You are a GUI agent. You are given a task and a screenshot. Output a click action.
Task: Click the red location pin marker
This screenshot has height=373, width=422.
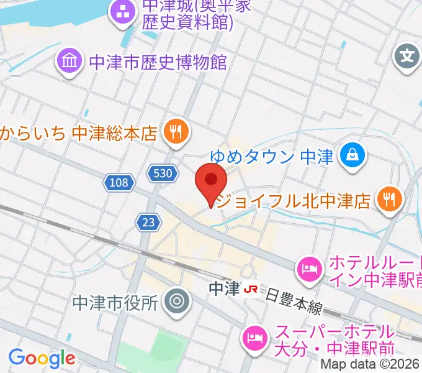pos(211,181)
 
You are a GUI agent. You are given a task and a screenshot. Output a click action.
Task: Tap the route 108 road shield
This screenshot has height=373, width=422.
pos(117,183)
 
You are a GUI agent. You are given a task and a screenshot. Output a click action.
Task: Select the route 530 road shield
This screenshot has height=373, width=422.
pos(160,174)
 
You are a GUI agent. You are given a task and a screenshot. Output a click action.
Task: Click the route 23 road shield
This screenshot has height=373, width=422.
pos(146,223)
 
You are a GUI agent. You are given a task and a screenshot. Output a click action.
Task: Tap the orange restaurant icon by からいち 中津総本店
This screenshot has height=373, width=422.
pos(176,132)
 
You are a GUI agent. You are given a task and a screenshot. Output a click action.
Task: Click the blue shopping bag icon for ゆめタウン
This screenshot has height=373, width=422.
pos(352,154)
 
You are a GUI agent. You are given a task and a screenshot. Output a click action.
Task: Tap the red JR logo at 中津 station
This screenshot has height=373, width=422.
pos(251,289)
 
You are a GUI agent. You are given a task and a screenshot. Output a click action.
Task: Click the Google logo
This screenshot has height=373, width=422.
pos(42,358)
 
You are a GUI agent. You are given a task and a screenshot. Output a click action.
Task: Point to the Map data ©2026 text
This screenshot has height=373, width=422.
pos(370,366)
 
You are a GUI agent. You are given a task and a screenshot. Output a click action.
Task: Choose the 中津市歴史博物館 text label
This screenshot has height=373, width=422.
pos(158,62)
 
